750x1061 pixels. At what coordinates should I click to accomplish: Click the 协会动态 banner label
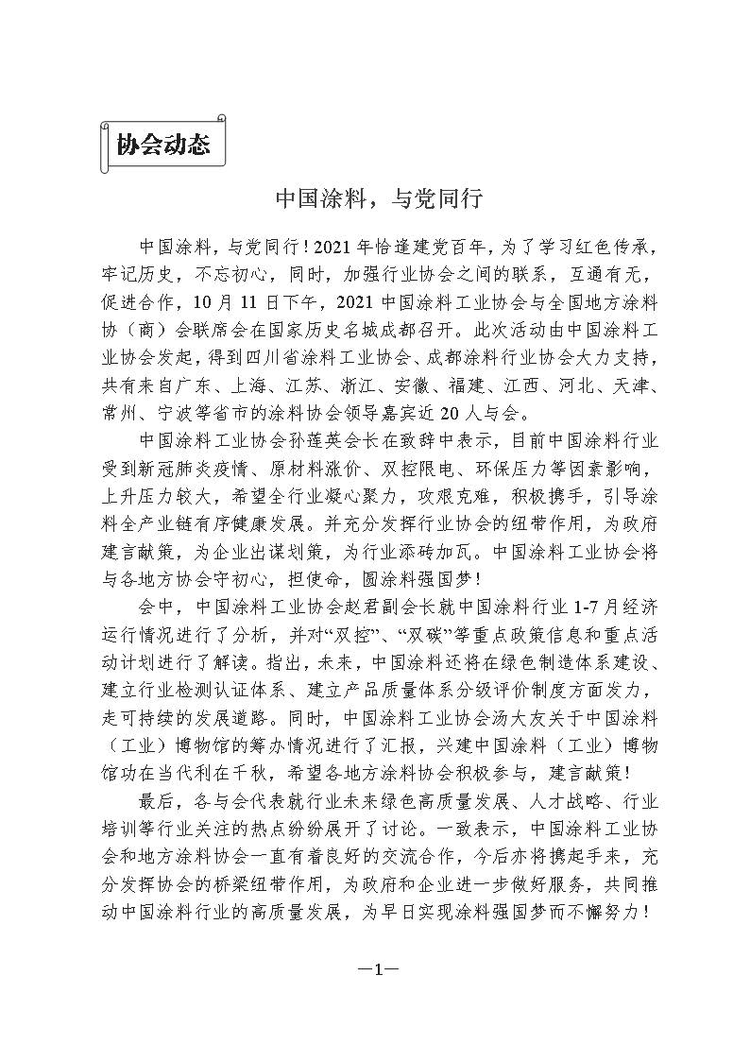click(x=162, y=145)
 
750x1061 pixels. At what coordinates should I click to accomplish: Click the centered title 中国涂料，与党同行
click(x=378, y=198)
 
